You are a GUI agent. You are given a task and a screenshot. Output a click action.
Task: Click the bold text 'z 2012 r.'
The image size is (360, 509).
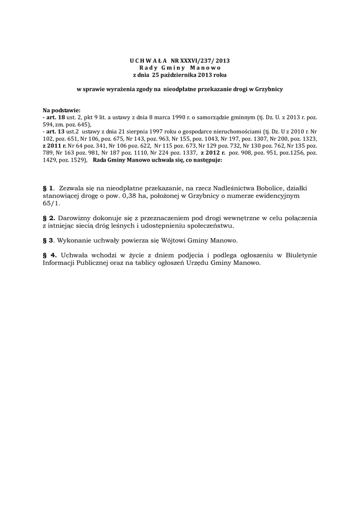213,154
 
